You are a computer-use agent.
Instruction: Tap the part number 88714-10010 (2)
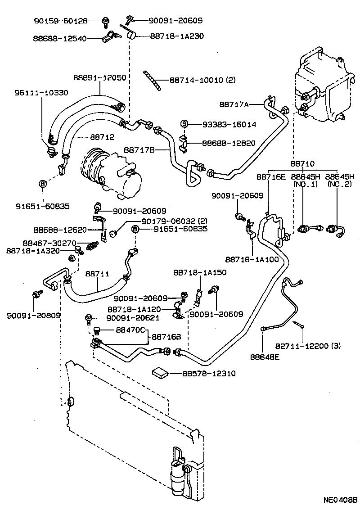click(202, 80)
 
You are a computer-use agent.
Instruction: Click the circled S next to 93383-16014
click(184, 124)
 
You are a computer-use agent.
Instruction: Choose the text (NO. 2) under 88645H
click(340, 185)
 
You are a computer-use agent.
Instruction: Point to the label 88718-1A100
click(252, 259)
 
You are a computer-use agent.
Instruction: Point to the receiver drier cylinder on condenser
click(177, 477)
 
